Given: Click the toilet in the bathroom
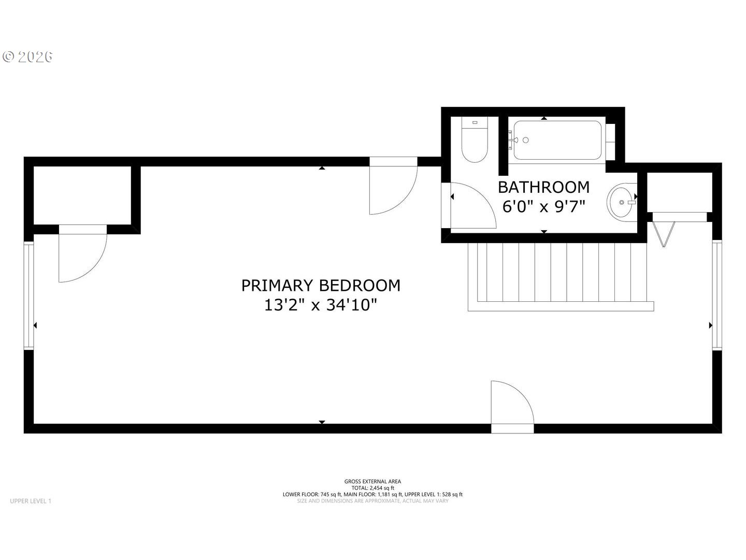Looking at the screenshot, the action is pos(475,139).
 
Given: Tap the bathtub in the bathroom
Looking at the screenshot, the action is pos(557,140).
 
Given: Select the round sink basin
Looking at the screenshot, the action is pos(622,202).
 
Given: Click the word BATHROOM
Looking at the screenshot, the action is pos(543,187).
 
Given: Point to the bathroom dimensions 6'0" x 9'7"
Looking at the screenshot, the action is pos(544,206).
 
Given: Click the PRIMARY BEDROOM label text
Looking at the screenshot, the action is pos(321,286).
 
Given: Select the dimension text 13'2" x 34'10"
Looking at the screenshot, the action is pos(321,305).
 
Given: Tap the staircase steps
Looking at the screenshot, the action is pos(561,277).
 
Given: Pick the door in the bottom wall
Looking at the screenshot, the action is pos(512,407).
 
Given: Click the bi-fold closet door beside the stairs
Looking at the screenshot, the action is pos(663,234).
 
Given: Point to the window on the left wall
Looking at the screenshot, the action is pos(28,296).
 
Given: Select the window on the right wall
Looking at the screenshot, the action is pos(717,295).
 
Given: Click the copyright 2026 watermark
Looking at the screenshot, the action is pos(27,57).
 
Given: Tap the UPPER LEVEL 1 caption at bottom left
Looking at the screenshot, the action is pos(31,501).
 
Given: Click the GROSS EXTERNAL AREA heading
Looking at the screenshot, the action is pos(372,482).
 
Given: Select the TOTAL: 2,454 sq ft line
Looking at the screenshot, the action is pos(372,488).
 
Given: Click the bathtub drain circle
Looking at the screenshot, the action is pos(525,140).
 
